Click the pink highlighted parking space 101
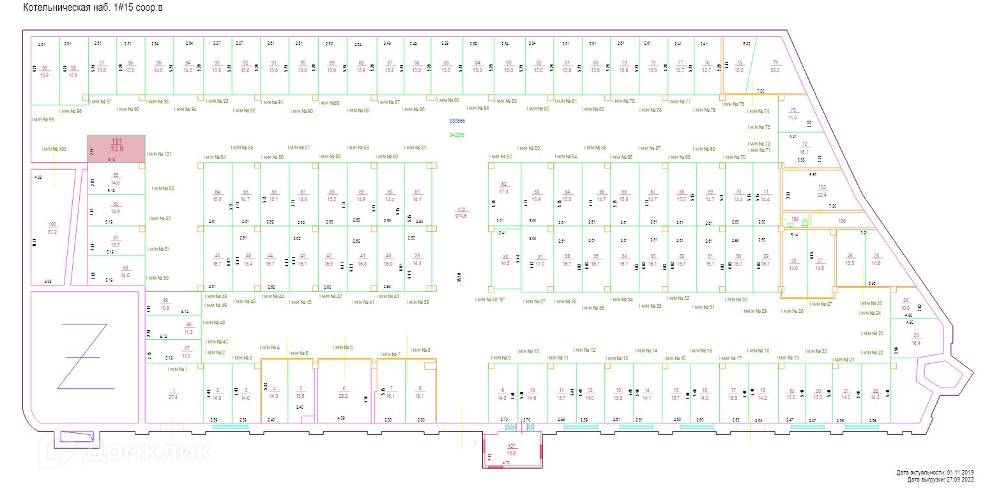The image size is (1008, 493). click(x=116, y=148)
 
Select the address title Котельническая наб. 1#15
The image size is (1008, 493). click(x=93, y=8)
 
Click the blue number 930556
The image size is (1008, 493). click(x=457, y=121)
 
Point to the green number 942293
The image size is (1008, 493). click(x=457, y=135)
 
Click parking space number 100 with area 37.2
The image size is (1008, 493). click(x=52, y=228)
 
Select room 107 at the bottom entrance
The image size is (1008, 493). click(x=511, y=450)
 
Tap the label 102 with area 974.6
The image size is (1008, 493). click(x=461, y=213)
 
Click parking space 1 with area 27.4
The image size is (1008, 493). click(x=173, y=394)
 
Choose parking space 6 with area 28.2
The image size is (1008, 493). click(x=344, y=392)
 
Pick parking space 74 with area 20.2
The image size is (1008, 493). click(x=775, y=66)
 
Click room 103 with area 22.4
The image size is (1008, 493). click(x=821, y=191)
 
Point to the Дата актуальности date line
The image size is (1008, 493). click(x=935, y=473)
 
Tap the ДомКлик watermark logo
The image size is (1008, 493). click(x=128, y=451)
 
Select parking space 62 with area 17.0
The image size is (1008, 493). click(x=503, y=188)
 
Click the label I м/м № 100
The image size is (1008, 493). click(x=54, y=149)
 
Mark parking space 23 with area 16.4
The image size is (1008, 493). click(x=916, y=339)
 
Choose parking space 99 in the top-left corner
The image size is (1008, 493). click(x=44, y=71)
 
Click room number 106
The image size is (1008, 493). click(x=841, y=221)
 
